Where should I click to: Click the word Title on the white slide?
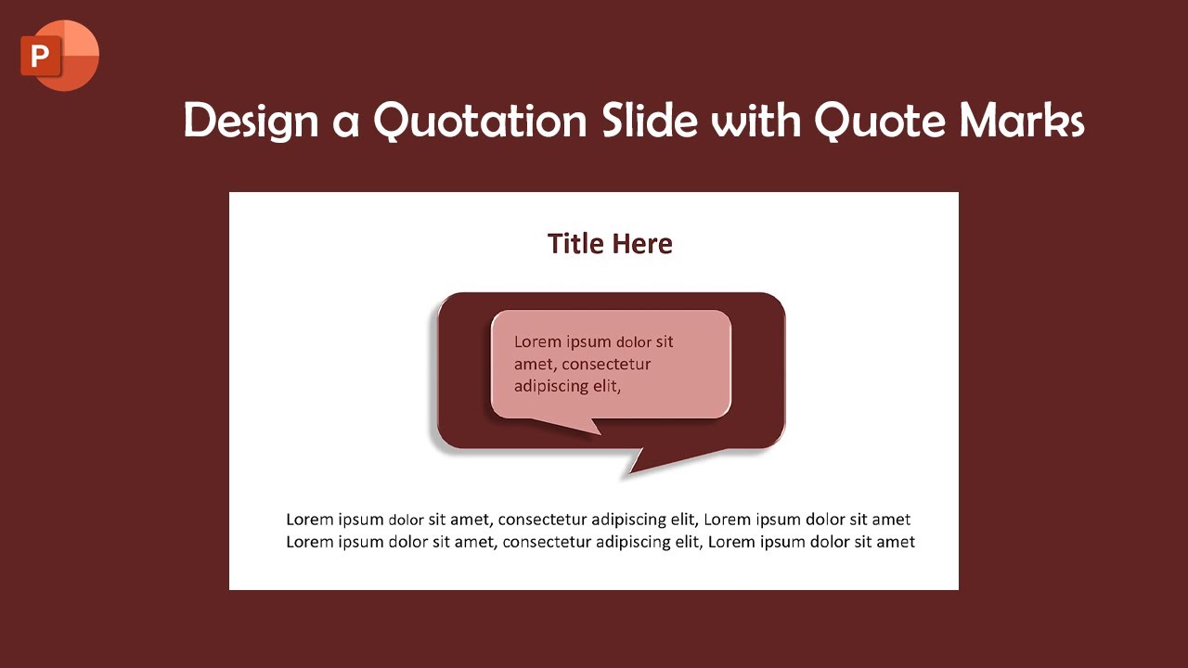pyautogui.click(x=576, y=244)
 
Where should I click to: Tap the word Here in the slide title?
pyautogui.click(x=642, y=244)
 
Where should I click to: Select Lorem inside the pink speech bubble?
pyautogui.click(x=537, y=341)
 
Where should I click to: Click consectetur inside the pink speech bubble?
pyautogui.click(x=606, y=364)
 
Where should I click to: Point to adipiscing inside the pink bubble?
pyautogui.click(x=552, y=386)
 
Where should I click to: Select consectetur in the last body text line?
pyautogui.click(x=548, y=542)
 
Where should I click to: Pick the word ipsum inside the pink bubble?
pyautogui.click(x=588, y=341)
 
